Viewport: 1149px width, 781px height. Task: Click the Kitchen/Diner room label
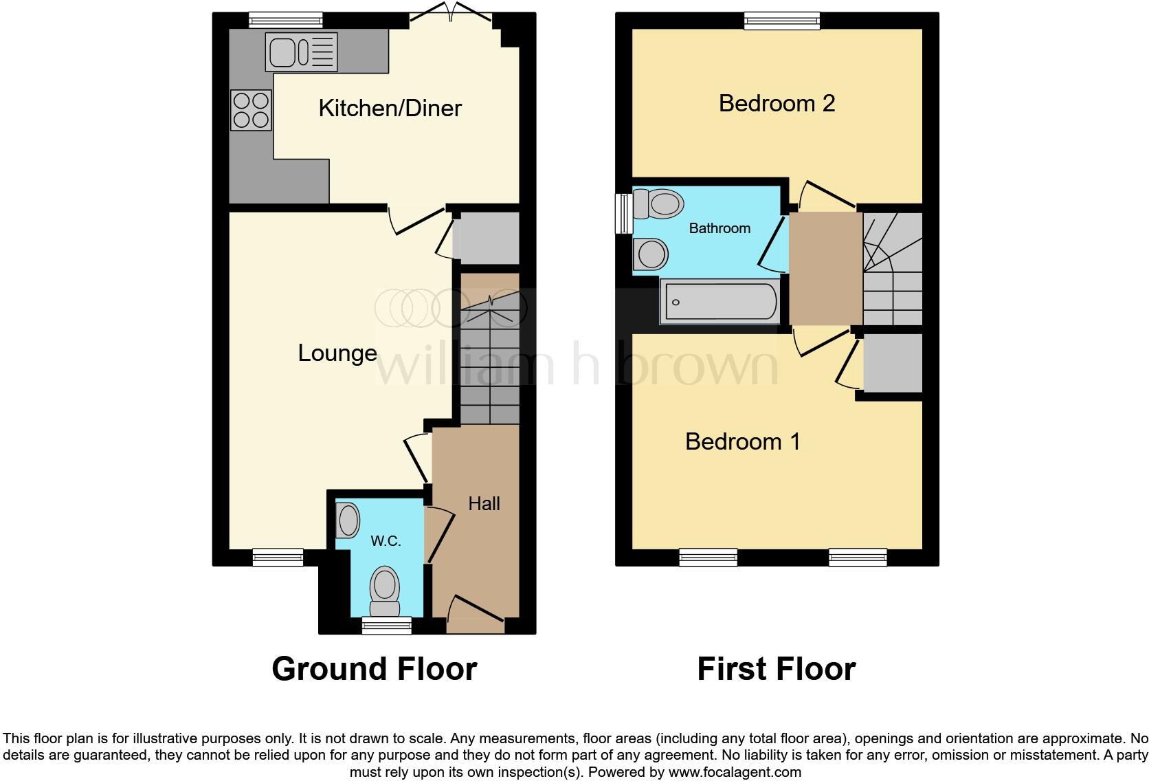coord(390,108)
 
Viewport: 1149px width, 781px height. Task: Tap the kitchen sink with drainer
coord(301,52)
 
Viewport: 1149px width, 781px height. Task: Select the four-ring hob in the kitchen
coord(250,111)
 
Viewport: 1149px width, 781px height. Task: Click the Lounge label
coord(337,353)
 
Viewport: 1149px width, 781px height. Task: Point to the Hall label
coord(484,504)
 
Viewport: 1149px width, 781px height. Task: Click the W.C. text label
coord(386,541)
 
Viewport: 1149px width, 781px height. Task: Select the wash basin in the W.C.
coord(348,520)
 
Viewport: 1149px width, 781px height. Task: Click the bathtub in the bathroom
coord(719,302)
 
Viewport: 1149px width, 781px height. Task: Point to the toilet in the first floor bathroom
coord(658,203)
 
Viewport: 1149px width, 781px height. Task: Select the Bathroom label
coord(719,228)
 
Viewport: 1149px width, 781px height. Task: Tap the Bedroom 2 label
coord(777,104)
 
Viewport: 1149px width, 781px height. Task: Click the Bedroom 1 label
coord(743,441)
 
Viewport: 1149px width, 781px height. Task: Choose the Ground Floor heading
coord(375,669)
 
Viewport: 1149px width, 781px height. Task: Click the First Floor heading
coord(777,669)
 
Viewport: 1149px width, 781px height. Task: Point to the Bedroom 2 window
coord(782,21)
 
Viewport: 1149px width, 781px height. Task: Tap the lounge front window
coord(278,557)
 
